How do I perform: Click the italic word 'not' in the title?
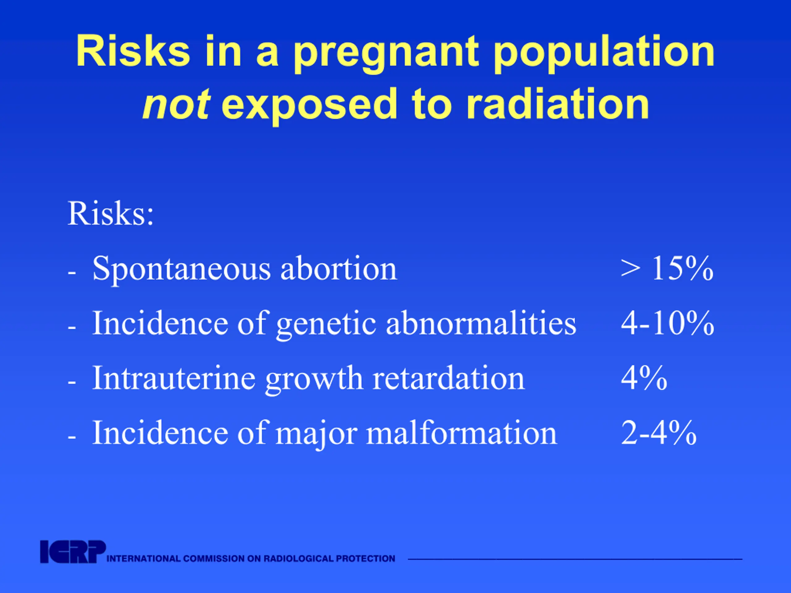176,104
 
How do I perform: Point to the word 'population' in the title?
604,54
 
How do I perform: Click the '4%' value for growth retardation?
644,378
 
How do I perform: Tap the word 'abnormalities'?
481,323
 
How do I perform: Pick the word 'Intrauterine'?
174,378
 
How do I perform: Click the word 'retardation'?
449,378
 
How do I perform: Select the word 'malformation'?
462,433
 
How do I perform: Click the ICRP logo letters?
73,552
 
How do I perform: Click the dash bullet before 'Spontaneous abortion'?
71,273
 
